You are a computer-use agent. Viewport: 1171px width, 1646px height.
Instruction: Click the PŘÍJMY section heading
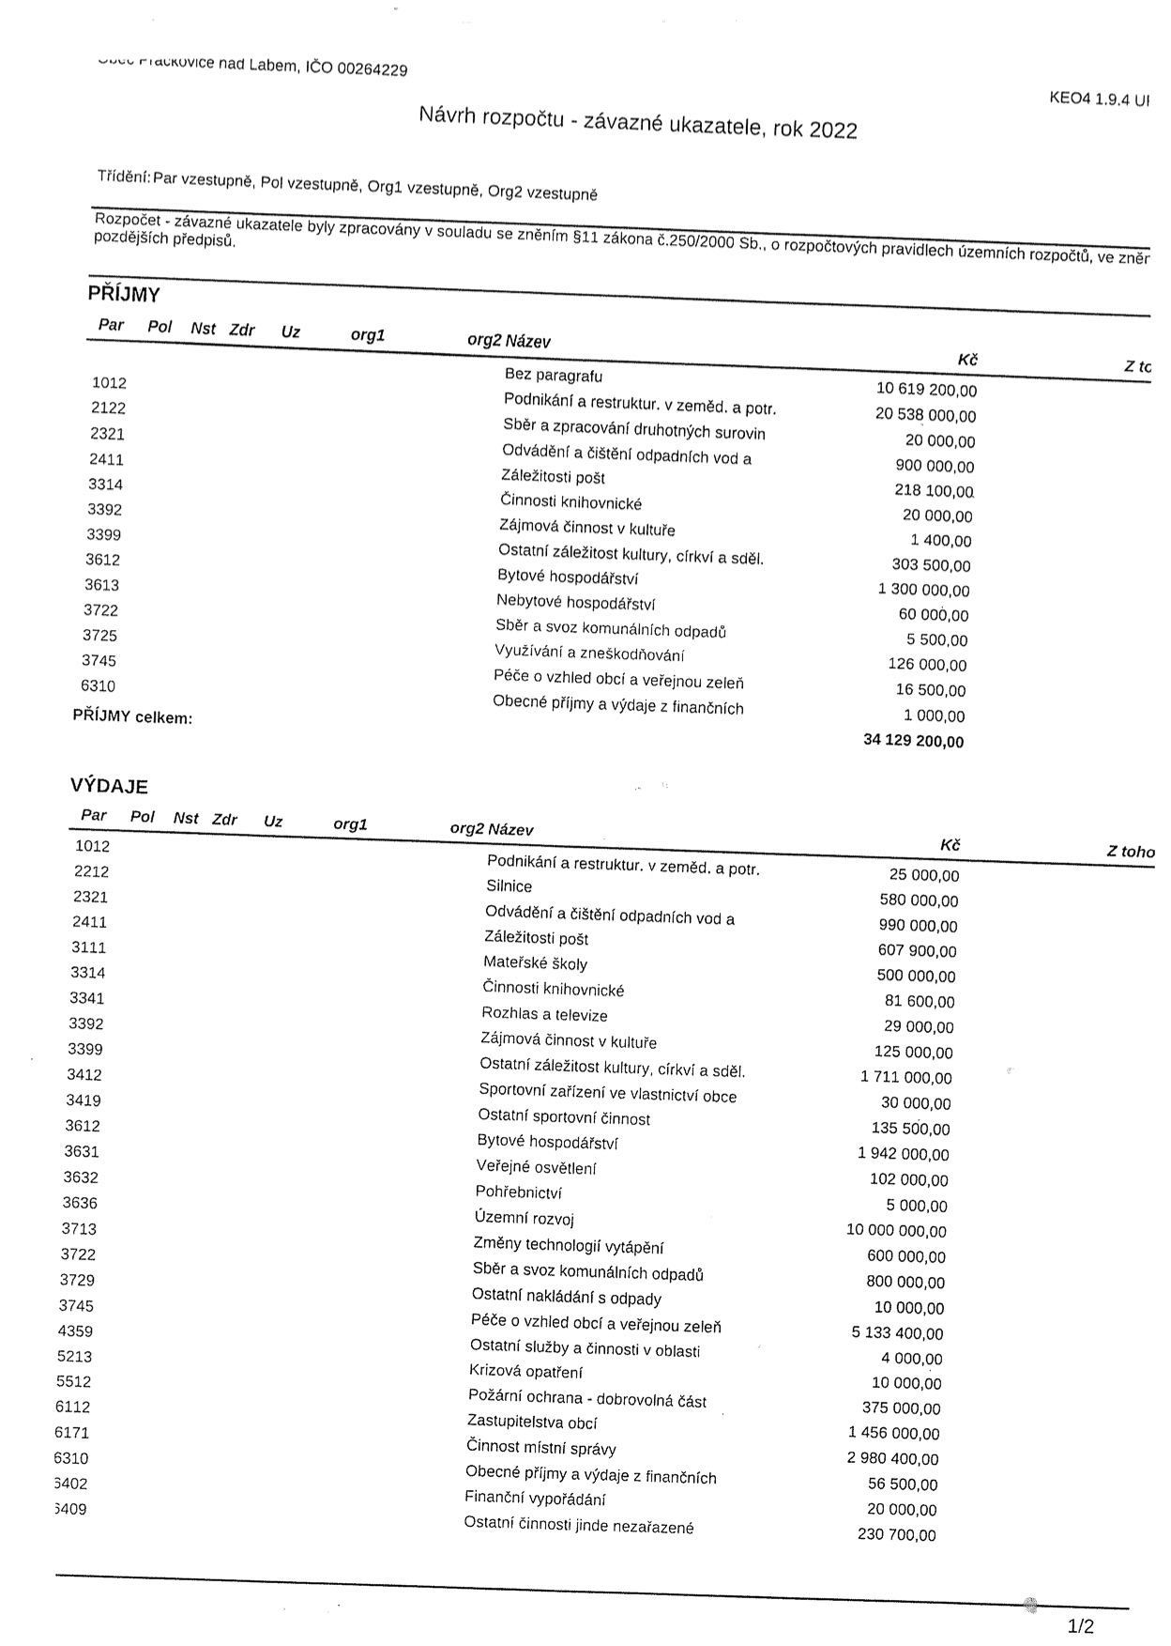tap(124, 294)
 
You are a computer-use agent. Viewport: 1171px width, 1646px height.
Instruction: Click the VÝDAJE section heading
tap(109, 786)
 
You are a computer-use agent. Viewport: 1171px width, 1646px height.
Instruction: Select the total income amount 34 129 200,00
tap(913, 741)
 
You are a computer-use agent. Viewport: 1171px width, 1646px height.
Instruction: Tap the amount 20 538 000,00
tap(925, 415)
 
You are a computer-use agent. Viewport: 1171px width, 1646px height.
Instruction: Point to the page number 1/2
tap(1080, 1626)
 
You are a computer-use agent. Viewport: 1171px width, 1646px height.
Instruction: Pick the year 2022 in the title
tap(833, 130)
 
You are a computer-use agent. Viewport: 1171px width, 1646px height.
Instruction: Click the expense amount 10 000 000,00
tap(896, 1230)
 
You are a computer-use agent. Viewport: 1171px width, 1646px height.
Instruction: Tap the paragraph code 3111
tap(88, 947)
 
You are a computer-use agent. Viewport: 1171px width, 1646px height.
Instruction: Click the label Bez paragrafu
tap(554, 376)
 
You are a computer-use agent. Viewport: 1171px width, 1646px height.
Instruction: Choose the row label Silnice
tap(509, 885)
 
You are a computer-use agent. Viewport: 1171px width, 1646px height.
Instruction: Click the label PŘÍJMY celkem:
tap(132, 717)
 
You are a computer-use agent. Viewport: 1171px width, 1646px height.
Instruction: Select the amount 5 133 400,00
tap(897, 1332)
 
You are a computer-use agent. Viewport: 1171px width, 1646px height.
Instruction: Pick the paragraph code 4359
tap(75, 1331)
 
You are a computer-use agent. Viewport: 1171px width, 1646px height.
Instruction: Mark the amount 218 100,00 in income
tap(934, 490)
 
